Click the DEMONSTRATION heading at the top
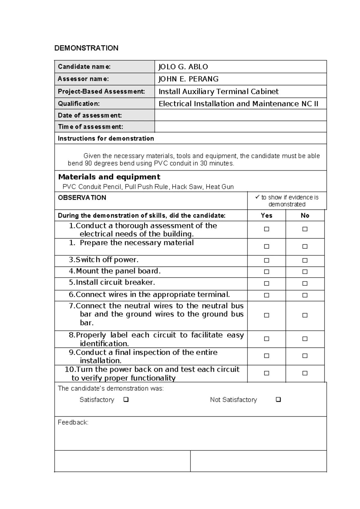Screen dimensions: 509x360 86,48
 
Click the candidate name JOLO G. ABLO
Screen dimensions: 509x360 183,67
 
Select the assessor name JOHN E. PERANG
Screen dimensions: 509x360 188,79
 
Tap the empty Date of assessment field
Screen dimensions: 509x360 240,115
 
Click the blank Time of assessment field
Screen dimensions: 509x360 240,127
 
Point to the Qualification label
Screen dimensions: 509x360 79,104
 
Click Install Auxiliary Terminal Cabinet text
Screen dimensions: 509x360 218,91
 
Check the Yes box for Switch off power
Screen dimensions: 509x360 266,260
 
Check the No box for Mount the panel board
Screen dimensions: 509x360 305,272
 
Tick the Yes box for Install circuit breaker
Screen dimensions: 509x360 266,283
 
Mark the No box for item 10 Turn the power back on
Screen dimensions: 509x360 305,373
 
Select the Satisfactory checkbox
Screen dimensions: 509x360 126,399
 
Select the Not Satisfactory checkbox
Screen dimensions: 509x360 278,399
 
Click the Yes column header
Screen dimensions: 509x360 266,215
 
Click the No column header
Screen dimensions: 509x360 305,215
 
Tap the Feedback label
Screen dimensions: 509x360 73,422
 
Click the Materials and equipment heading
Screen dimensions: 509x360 109,177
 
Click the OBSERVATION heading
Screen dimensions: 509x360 82,197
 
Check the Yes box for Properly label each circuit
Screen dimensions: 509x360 266,339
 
